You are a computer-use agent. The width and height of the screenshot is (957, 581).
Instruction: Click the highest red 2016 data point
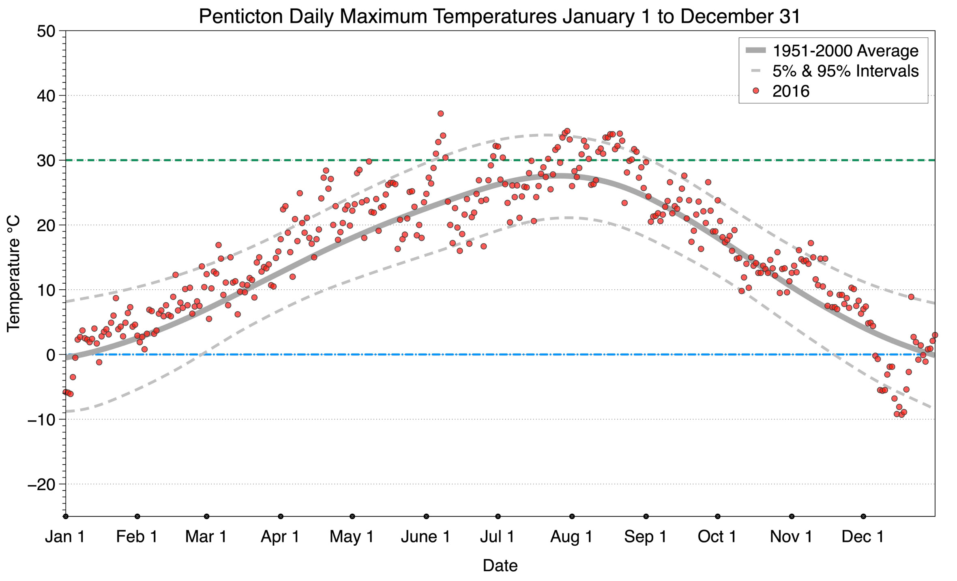point(440,114)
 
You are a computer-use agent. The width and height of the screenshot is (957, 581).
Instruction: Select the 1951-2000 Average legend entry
point(845,51)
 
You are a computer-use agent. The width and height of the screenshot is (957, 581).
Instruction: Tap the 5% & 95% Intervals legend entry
point(845,71)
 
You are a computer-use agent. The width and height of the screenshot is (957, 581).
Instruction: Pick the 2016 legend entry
point(791,91)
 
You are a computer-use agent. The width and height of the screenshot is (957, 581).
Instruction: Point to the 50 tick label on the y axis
point(46,31)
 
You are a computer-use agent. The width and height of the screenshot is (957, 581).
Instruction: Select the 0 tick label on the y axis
point(51,355)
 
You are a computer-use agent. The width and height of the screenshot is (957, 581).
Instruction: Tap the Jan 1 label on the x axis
point(65,536)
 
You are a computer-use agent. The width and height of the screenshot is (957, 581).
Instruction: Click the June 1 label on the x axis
point(425,536)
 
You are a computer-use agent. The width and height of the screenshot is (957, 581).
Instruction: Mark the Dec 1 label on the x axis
point(863,536)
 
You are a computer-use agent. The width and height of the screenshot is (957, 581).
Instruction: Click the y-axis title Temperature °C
point(13,274)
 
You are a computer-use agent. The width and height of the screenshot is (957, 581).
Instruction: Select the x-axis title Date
point(500,566)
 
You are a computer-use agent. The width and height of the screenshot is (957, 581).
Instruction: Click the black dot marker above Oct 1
point(718,516)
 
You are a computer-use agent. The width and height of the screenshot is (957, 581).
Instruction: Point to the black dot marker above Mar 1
point(207,516)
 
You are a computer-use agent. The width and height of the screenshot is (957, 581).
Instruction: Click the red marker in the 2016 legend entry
point(755,91)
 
